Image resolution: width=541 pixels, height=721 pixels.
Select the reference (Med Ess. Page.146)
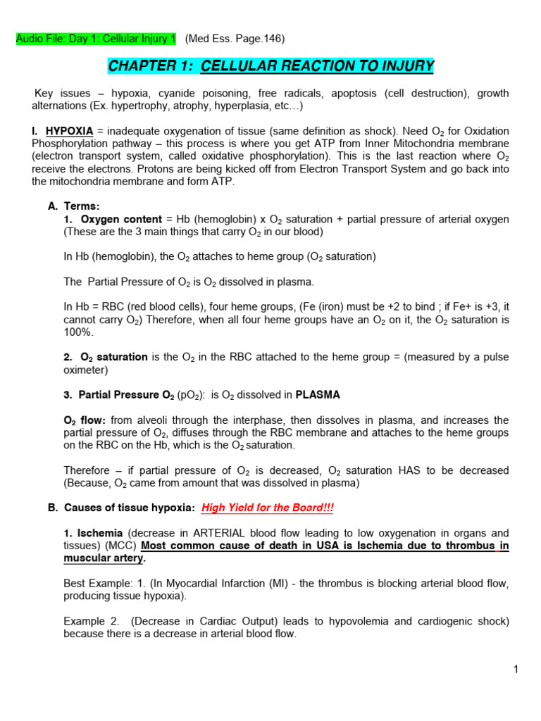tap(235, 39)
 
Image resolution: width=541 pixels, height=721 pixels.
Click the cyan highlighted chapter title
tap(270, 67)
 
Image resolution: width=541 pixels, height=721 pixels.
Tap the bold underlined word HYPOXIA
tap(69, 132)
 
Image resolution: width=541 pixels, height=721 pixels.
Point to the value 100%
tap(77, 332)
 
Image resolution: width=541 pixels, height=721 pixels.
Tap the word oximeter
tap(85, 370)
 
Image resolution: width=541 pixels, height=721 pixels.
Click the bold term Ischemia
tap(99, 533)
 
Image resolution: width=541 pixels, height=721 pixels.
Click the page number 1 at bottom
tap(516, 670)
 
